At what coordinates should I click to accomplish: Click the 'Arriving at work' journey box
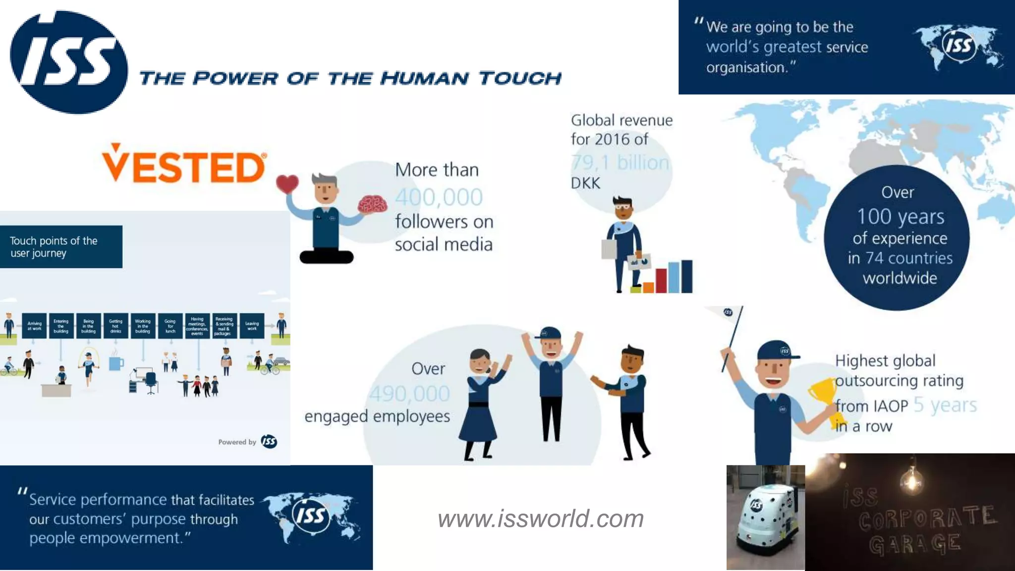(34, 326)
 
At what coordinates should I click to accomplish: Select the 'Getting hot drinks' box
(115, 326)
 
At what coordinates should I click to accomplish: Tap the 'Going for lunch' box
(170, 326)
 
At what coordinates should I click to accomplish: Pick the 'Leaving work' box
(252, 326)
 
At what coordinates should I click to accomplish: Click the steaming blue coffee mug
(116, 363)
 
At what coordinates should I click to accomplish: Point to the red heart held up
(287, 184)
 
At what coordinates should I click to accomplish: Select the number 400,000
(439, 197)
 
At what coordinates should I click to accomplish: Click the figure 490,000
(410, 394)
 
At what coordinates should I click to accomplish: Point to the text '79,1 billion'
(620, 163)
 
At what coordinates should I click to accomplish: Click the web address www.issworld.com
(540, 518)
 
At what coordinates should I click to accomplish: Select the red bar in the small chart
(661, 281)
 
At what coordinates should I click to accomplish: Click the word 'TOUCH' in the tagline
(520, 78)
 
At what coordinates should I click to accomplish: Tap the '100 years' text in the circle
(901, 217)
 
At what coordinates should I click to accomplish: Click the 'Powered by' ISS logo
(269, 441)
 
